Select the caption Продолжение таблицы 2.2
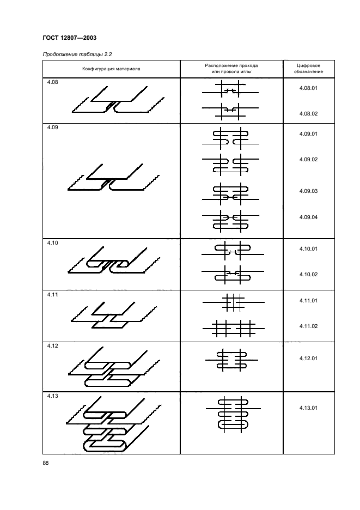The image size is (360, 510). tap(75, 54)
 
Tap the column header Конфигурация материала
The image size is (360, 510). tap(111, 69)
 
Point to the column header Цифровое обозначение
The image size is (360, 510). tap(308, 69)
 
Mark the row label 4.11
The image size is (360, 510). tap(51, 295)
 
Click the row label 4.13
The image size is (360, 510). tap(51, 396)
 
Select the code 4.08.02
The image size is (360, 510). tap(308, 113)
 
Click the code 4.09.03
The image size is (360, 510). tap(308, 191)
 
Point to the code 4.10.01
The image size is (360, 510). tap(308, 248)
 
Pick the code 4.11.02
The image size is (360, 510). tap(308, 326)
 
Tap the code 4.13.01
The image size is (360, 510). tap(308, 408)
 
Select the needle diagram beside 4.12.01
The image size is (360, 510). tap(231, 360)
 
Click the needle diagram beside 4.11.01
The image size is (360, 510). tap(233, 301)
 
